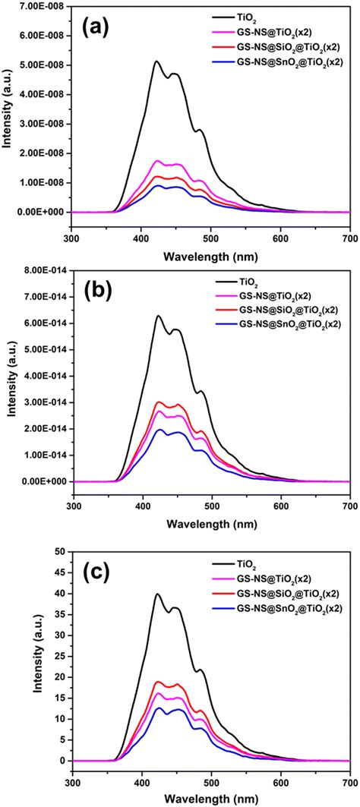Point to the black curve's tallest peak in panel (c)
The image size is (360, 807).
157,594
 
